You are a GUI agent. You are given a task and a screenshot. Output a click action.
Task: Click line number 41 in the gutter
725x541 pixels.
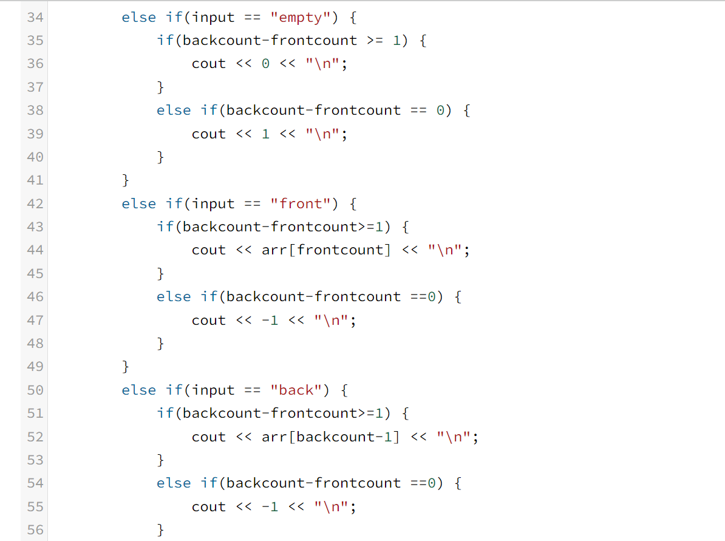(35, 180)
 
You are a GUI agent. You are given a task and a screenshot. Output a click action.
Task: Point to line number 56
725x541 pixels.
(35, 530)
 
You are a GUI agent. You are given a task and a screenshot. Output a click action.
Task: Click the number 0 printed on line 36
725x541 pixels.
(265, 64)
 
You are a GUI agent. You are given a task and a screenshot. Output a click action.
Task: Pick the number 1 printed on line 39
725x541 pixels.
(265, 134)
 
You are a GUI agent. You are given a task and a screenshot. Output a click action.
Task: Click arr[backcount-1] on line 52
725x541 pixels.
(331, 437)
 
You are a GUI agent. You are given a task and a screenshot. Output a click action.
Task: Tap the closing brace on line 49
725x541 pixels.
(126, 367)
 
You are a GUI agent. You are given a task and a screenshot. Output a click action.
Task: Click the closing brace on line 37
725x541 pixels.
(161, 87)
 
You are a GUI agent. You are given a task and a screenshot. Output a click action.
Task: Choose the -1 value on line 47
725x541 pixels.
(270, 321)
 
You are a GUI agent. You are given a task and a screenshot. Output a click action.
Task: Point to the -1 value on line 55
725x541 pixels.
(270, 507)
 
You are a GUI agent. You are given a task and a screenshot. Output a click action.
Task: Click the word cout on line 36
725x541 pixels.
(209, 64)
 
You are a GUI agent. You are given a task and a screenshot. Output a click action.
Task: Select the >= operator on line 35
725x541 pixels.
(375, 41)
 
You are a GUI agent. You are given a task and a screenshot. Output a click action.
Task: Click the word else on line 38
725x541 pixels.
(174, 111)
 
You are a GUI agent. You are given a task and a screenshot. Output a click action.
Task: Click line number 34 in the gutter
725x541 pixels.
(35, 18)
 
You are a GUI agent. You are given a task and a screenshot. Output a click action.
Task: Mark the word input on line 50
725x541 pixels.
(213, 390)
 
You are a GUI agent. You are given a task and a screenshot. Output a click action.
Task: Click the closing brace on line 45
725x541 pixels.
(161, 274)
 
